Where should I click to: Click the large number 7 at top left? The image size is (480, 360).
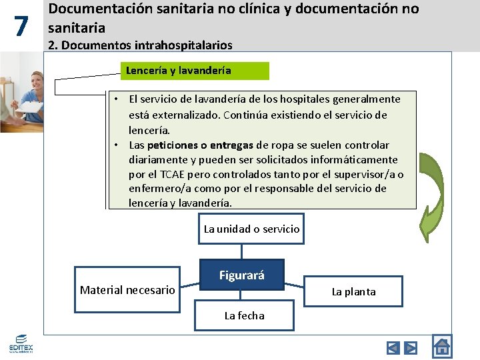pos(21,27)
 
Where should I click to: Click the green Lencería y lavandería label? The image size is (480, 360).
pos(195,71)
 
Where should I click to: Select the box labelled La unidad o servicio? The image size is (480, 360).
pos(251,229)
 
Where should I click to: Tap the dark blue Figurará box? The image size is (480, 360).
pos(242,275)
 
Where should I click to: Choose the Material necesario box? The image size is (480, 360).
pos(127,290)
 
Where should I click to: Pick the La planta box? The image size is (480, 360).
pos(353,292)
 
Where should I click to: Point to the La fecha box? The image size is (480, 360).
pos(244,316)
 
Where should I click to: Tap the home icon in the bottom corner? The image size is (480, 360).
pos(441,346)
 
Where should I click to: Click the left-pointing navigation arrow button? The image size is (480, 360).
pos(393,348)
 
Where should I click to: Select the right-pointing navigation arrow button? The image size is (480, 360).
pos(411,348)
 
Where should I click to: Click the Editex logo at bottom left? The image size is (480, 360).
pos(21,344)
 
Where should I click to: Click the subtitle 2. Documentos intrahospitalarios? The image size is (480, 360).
pos(141,45)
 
